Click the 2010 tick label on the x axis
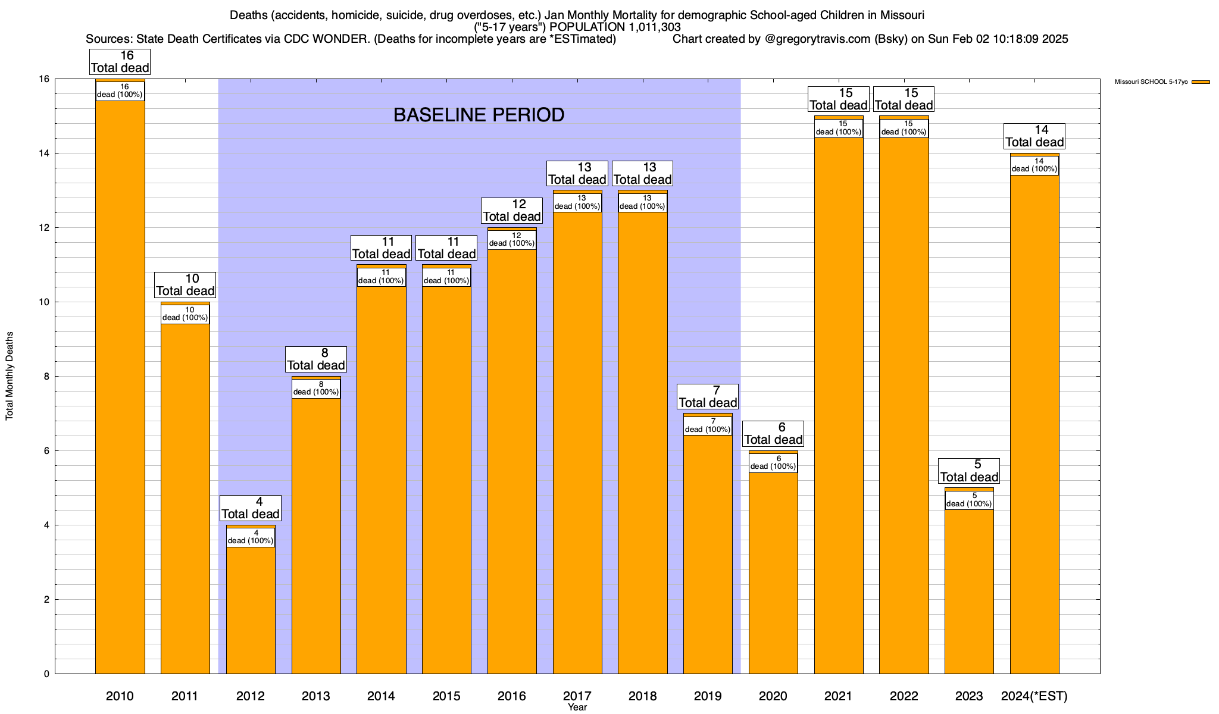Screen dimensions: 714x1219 (120, 696)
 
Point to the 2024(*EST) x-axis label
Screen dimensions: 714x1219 (1034, 696)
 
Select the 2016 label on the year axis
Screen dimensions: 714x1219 (512, 696)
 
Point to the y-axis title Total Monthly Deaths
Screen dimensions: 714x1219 (10, 376)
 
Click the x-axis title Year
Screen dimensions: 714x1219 (577, 707)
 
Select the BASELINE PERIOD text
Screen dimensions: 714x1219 (479, 115)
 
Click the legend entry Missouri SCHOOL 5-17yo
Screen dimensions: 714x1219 (1151, 82)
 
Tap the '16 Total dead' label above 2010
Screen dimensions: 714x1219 (120, 62)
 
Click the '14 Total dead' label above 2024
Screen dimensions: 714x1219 (1034, 136)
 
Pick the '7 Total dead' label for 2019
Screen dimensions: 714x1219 (708, 397)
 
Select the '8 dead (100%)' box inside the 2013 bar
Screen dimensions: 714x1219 (316, 389)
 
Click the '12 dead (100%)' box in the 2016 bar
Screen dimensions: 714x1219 (512, 240)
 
